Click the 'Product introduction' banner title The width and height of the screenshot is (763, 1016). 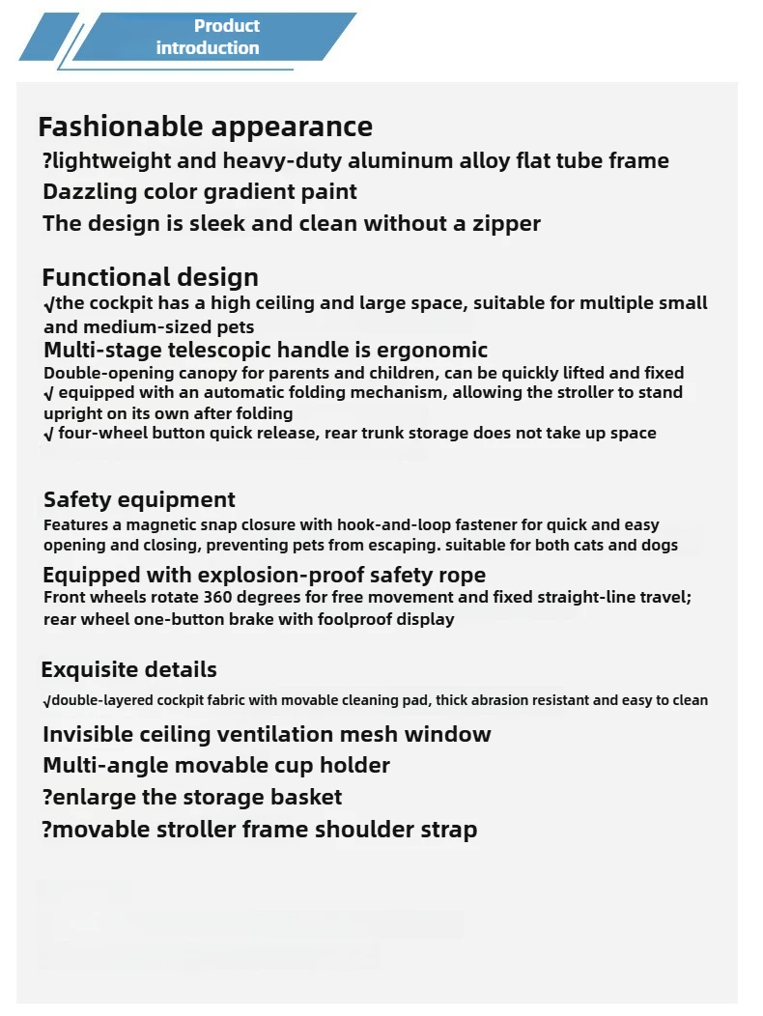click(x=208, y=37)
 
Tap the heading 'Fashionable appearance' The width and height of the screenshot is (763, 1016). click(x=205, y=127)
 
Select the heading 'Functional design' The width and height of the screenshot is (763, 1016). click(x=150, y=278)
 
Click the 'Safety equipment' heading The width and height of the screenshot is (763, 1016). click(x=139, y=499)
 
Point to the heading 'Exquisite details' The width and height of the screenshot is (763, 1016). click(x=128, y=669)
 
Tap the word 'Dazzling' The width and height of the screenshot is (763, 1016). click(x=91, y=191)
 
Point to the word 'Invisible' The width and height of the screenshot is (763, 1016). click(x=89, y=734)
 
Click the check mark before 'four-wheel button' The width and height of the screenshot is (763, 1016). click(x=48, y=434)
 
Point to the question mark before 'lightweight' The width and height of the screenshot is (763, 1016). click(x=48, y=160)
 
